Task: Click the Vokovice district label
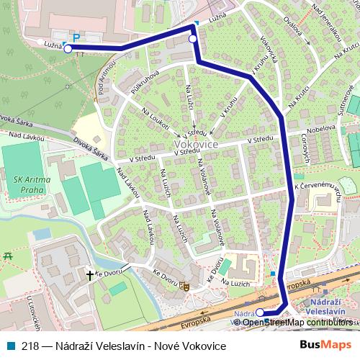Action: (x=196, y=144)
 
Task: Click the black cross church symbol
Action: (x=91, y=275)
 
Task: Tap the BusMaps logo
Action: (x=326, y=346)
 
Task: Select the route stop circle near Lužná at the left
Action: (x=68, y=49)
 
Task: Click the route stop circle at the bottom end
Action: (x=260, y=313)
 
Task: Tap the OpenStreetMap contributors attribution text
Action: (x=297, y=323)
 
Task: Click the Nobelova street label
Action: (x=322, y=128)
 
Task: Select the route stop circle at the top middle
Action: (x=193, y=39)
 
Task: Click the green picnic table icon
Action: (x=9, y=256)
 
